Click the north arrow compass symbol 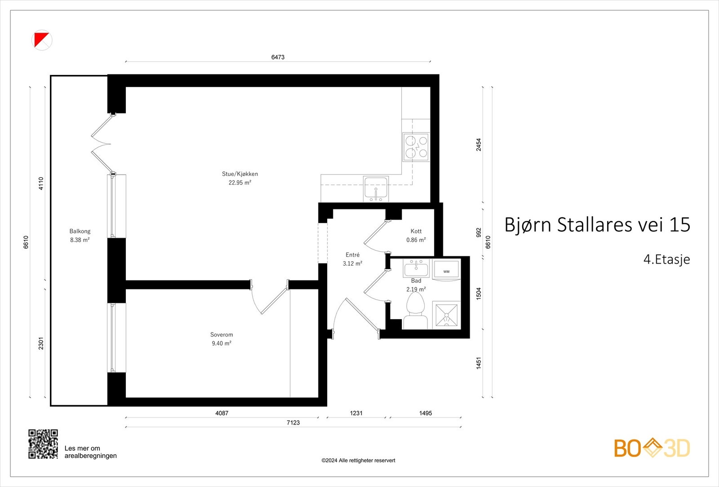42,40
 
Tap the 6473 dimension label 278,57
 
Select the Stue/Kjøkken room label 240,178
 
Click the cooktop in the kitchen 416,147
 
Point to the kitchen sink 376,188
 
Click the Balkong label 80,235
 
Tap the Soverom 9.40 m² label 222,339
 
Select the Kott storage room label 416,235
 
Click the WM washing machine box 446,269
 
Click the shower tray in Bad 446,315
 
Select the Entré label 352,259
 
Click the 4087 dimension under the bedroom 222,413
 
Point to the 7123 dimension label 293,422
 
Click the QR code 43,444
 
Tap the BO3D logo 652,448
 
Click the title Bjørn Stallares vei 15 597,224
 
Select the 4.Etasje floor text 666,259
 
